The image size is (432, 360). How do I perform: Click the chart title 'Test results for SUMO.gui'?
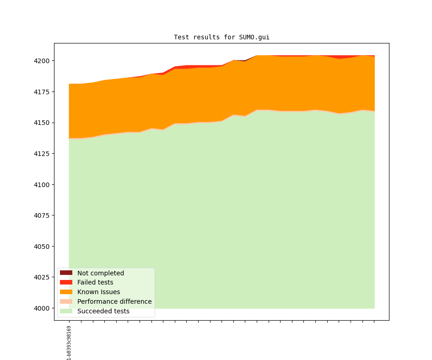[x=221, y=37]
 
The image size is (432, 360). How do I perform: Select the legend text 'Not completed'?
[x=101, y=273]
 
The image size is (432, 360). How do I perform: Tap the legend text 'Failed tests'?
[x=95, y=283]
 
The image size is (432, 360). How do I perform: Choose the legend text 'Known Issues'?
[x=98, y=292]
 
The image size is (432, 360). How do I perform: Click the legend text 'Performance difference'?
[x=114, y=301]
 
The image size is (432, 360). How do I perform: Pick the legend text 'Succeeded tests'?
[x=103, y=311]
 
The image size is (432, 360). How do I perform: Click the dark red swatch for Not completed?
[x=66, y=273]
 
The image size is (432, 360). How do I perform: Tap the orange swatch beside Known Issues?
[x=66, y=292]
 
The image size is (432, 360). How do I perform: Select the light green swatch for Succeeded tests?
[x=66, y=311]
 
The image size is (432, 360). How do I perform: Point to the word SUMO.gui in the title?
[x=254, y=37]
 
